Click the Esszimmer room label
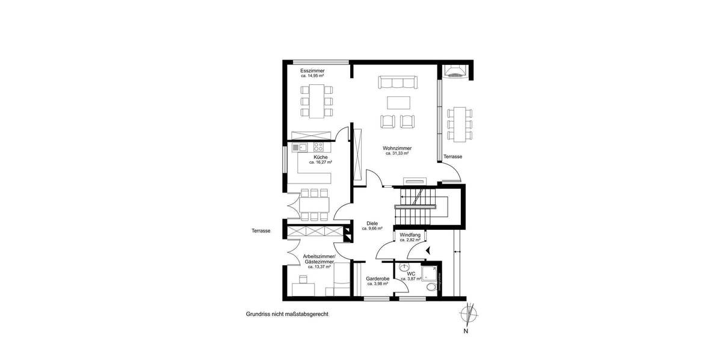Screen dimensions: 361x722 click(312, 70)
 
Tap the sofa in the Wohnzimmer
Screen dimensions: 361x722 click(397, 82)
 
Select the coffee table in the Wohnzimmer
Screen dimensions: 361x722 click(397, 102)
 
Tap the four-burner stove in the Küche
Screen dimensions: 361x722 click(319, 147)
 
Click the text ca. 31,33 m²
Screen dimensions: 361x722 click(397, 153)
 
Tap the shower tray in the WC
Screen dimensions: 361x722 click(430, 274)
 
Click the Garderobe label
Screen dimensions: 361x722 click(377, 279)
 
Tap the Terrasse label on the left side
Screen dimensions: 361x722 click(261, 230)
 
